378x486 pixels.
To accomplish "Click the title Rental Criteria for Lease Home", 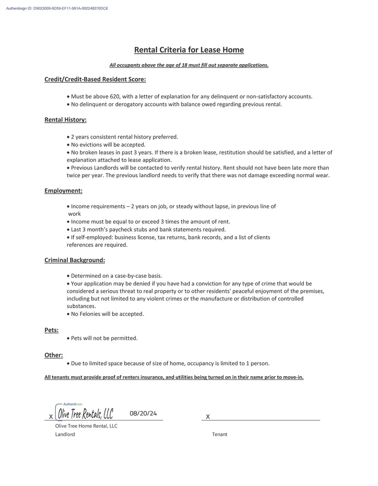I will click(189, 50).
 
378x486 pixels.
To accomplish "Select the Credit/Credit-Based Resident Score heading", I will click(95, 80).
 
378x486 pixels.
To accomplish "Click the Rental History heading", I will click(66, 120).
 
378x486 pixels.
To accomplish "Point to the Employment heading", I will click(63, 190).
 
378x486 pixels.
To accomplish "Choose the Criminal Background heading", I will click(75, 260).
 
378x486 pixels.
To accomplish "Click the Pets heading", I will click(51, 330).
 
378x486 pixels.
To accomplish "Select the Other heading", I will click(54, 355).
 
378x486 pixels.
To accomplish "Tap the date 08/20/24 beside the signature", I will click(143, 414).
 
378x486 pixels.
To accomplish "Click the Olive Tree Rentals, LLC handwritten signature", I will click(85, 414).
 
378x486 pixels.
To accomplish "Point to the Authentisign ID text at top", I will click(57, 8).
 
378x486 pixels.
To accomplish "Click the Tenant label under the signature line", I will click(219, 434).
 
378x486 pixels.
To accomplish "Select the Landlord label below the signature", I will click(65, 434).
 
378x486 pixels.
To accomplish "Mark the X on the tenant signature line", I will click(208, 417).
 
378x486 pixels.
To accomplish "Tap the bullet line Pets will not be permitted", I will click(104, 338).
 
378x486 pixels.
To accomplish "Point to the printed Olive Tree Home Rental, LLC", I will click(86, 426).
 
